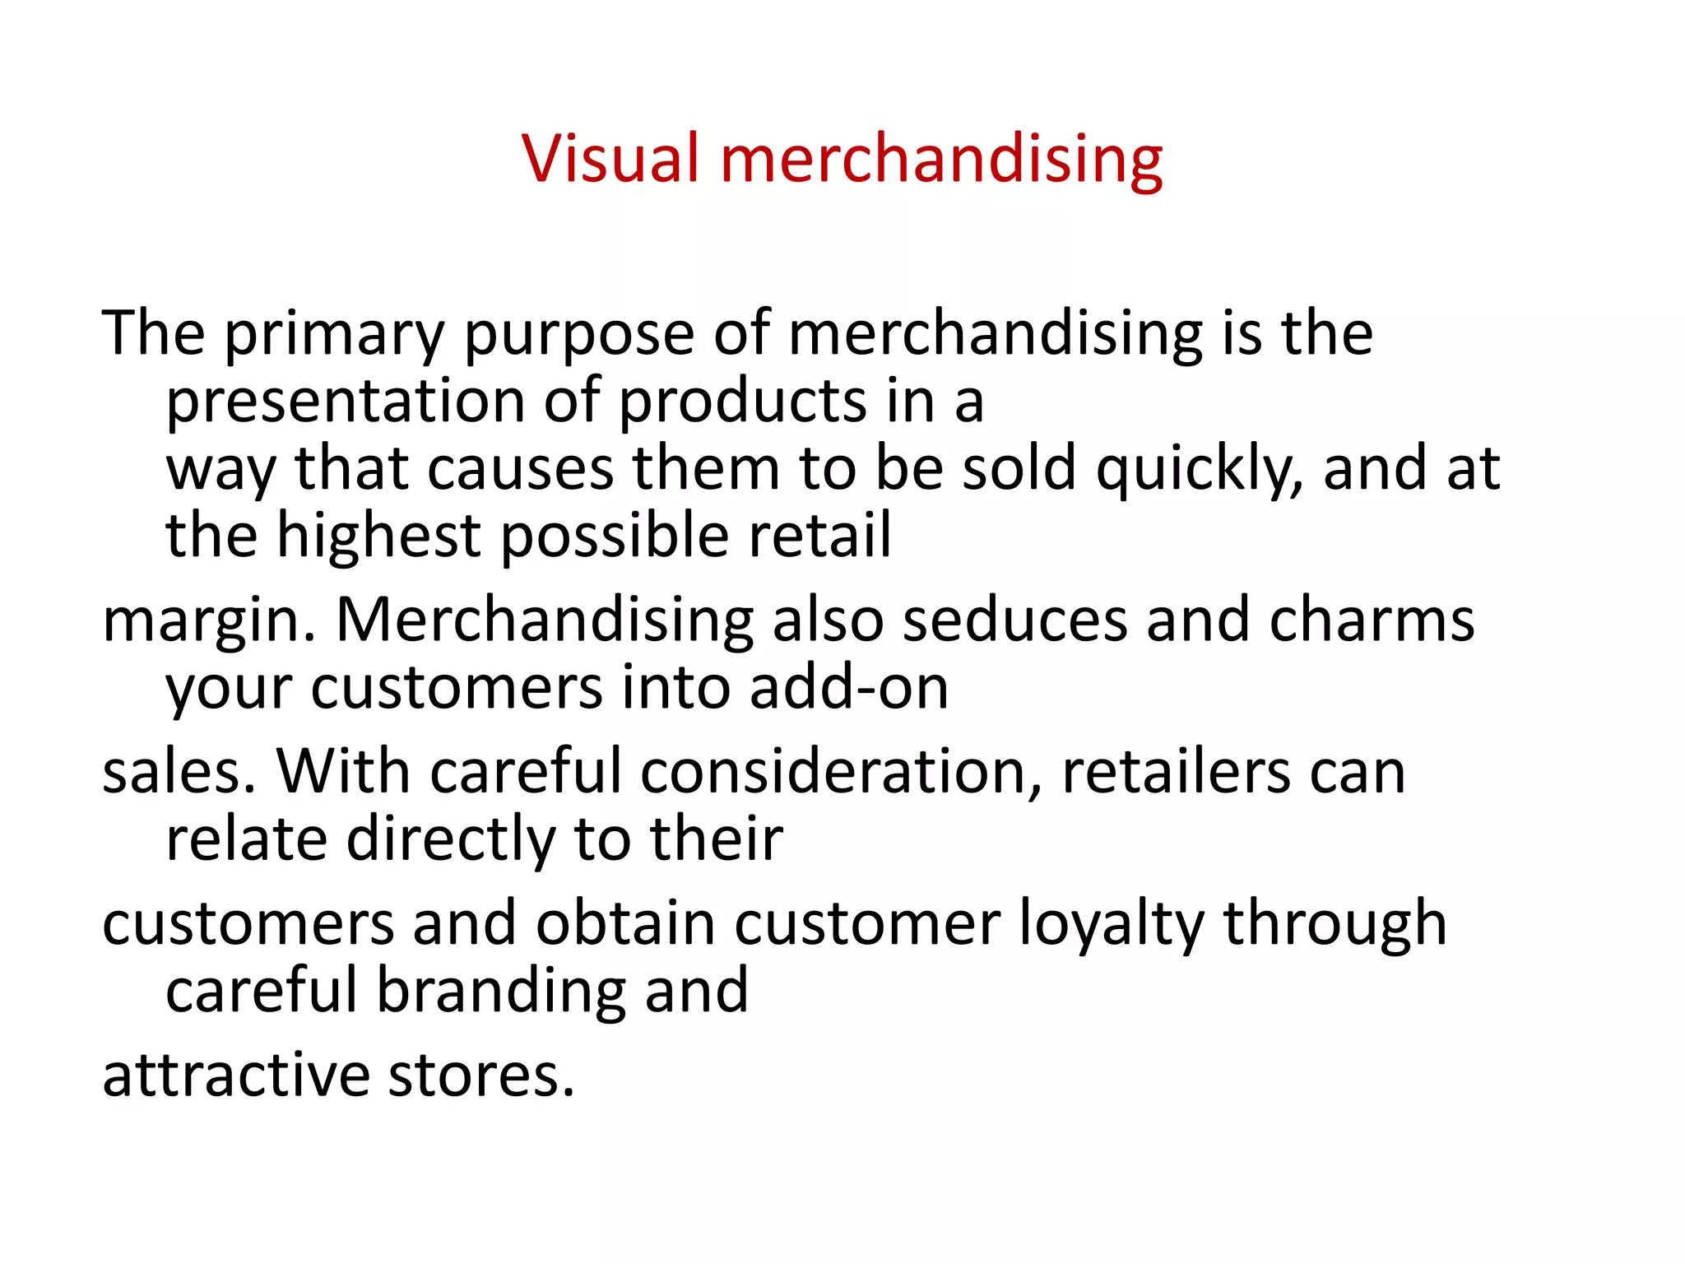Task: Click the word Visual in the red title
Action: pyautogui.click(x=610, y=158)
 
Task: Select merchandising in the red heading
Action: pyautogui.click(x=941, y=158)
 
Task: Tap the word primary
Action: pyautogui.click(x=334, y=333)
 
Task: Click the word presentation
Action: pyautogui.click(x=346, y=402)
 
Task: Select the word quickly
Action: pyautogui.click(x=1200, y=469)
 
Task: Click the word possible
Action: pyautogui.click(x=615, y=536)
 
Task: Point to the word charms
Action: pyautogui.click(x=1372, y=620)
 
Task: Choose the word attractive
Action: pyautogui.click(x=236, y=1076)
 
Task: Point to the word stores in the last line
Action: pyautogui.click(x=480, y=1076)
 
